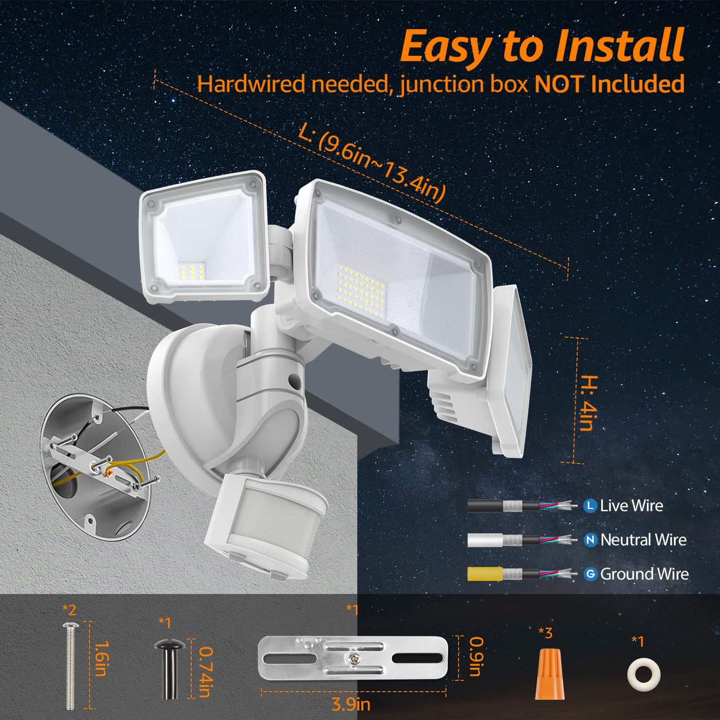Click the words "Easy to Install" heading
(542, 47)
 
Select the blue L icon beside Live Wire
(590, 506)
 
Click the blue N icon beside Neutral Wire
(590, 539)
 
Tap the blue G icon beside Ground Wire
(590, 573)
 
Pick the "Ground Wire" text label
(644, 574)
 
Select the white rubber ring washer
(643, 675)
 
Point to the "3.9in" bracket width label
(351, 705)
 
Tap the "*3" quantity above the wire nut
(545, 633)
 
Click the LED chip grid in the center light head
(361, 291)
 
